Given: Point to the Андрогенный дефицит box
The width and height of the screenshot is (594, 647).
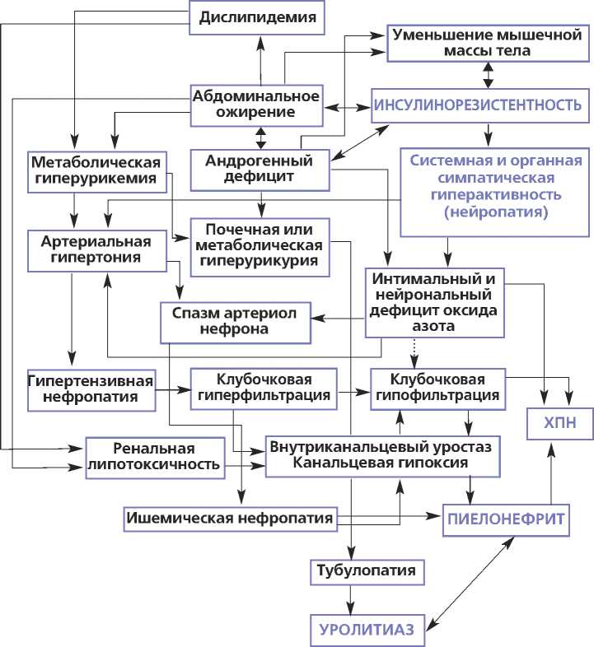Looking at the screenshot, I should pyautogui.click(x=261, y=166).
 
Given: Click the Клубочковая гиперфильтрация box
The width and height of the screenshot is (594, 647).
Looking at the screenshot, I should pyautogui.click(x=263, y=388).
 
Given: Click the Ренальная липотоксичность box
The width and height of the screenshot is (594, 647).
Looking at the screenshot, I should pyautogui.click(x=155, y=456).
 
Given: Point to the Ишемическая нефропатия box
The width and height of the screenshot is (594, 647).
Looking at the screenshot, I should pyautogui.click(x=230, y=519).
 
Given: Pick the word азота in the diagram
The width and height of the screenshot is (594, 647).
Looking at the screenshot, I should pyautogui.click(x=435, y=326).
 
